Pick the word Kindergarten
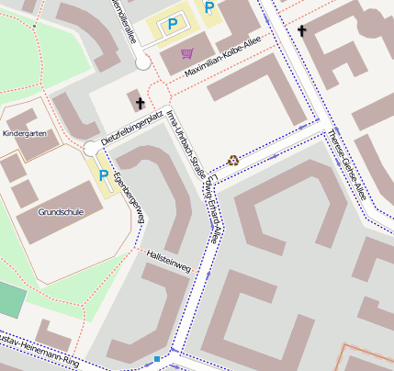click(24, 135)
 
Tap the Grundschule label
click(62, 211)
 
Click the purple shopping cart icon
click(187, 52)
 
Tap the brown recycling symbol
click(232, 160)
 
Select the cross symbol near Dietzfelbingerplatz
click(140, 103)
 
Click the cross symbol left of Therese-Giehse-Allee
click(301, 31)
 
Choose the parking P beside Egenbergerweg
click(103, 175)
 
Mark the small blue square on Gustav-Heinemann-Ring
click(157, 357)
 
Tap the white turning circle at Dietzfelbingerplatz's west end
click(90, 149)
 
